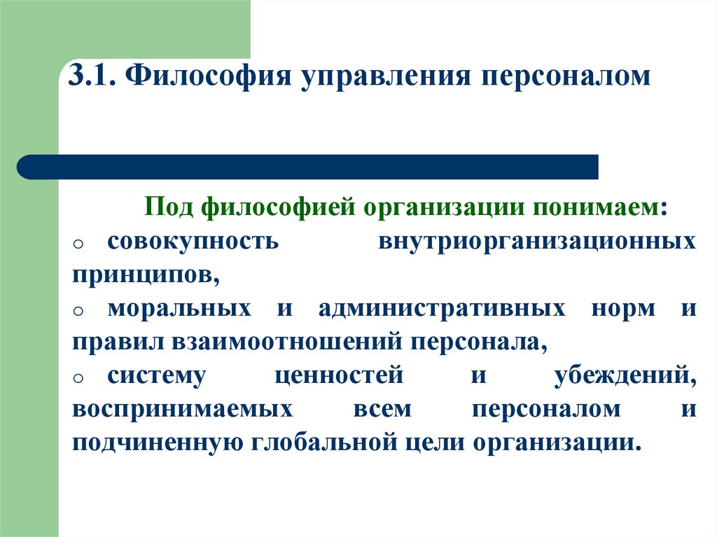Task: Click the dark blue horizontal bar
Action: (308, 167)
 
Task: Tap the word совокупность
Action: (193, 242)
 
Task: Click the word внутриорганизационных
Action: (537, 242)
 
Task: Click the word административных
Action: (442, 309)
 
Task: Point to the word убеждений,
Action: (625, 376)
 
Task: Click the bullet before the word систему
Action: (78, 378)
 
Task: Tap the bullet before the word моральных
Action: (78, 311)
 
